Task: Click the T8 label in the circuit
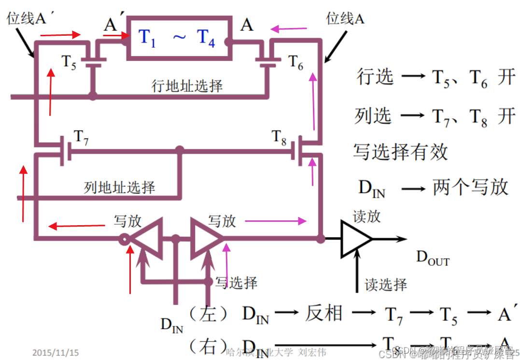tap(279, 137)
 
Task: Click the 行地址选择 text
tap(187, 86)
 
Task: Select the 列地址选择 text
tap(119, 187)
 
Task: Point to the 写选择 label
tap(237, 283)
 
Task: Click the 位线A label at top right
tap(345, 19)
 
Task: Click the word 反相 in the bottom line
tap(323, 314)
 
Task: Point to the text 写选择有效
tap(400, 152)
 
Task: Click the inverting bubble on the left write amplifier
tap(124, 238)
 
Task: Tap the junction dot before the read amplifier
tap(320, 238)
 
